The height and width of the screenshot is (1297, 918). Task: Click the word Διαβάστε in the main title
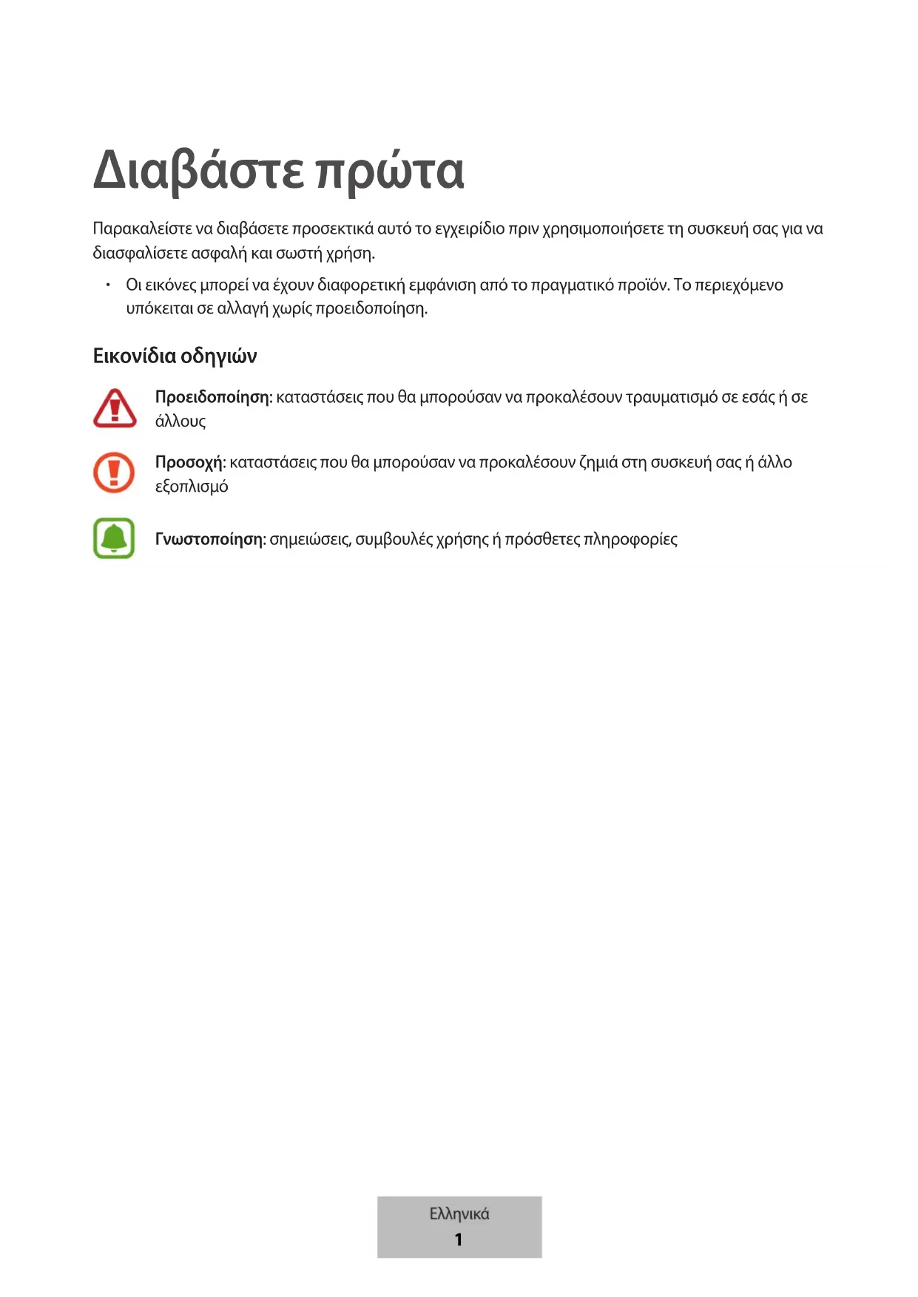198,171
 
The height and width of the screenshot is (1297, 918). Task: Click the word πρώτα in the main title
390,171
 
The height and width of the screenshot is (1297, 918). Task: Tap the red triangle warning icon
115,408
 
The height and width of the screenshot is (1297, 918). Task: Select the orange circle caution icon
114,473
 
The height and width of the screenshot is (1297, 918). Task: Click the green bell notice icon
114,538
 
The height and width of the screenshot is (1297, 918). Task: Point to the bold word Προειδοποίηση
212,397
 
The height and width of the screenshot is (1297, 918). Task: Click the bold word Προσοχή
189,462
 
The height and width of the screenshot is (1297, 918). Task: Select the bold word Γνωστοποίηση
209,539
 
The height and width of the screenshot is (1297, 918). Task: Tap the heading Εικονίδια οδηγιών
175,356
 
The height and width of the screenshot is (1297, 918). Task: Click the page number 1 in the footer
459,1239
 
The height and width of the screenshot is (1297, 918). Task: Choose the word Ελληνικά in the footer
459,1213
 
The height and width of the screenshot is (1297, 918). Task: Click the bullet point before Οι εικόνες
107,285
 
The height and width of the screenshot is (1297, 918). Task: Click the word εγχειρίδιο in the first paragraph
470,229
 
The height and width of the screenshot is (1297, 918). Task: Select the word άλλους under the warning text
180,421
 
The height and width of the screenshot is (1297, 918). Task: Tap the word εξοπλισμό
192,487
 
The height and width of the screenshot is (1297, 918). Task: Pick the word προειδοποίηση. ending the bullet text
371,308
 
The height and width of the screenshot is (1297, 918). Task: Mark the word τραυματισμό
671,397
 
